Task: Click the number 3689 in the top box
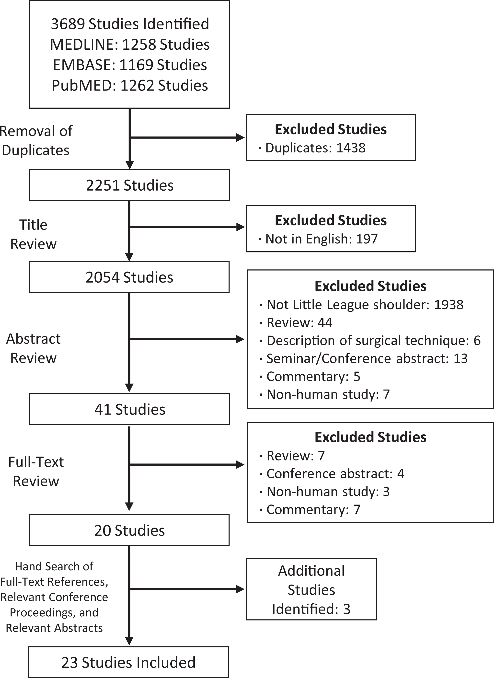(68, 24)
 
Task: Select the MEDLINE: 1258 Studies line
(130, 45)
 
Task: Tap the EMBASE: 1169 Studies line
(130, 65)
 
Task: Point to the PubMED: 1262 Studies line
(130, 86)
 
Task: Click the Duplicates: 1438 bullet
(312, 148)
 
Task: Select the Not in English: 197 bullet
(318, 239)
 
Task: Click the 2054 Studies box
(129, 277)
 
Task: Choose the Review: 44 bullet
(296, 323)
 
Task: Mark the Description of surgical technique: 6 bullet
(370, 341)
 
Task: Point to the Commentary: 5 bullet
(310, 377)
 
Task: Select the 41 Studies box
(129, 409)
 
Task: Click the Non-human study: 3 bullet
(325, 492)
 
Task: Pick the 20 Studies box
(129, 530)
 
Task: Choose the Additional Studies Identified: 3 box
(311, 589)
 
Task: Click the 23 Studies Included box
(129, 662)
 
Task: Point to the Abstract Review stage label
(34, 348)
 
